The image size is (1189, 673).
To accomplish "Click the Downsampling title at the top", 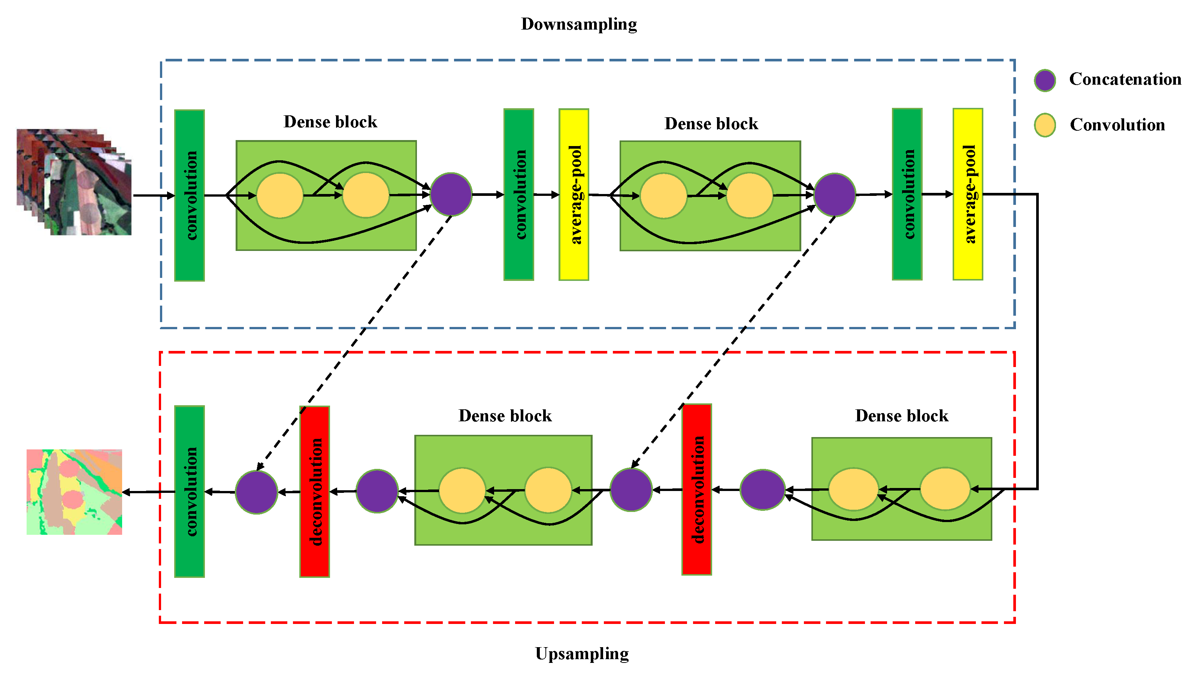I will [x=578, y=24].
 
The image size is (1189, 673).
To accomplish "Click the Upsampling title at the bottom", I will [x=581, y=653].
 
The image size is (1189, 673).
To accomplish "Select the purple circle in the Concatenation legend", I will [x=1044, y=81].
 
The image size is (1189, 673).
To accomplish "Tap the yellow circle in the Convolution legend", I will [x=1044, y=125].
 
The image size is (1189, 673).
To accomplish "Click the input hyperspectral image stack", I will [x=74, y=183].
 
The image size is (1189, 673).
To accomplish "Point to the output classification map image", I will [x=74, y=492].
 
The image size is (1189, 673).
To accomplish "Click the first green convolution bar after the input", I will [x=189, y=195].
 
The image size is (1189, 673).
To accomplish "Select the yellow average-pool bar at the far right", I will [x=967, y=194].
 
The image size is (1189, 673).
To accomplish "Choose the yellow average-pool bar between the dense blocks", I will [x=573, y=194].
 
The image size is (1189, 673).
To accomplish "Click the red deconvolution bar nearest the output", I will [x=314, y=492].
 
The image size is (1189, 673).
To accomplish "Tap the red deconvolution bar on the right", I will [x=696, y=489].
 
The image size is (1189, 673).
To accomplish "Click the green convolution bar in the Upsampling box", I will [x=189, y=492].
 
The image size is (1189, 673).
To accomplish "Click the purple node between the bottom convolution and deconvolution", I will [x=256, y=492].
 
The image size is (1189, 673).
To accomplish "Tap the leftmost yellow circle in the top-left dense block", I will [x=280, y=195].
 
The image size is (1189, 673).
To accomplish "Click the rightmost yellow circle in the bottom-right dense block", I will [x=944, y=489].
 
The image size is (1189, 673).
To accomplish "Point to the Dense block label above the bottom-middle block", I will [x=505, y=416].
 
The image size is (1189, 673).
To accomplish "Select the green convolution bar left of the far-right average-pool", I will [x=907, y=194].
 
